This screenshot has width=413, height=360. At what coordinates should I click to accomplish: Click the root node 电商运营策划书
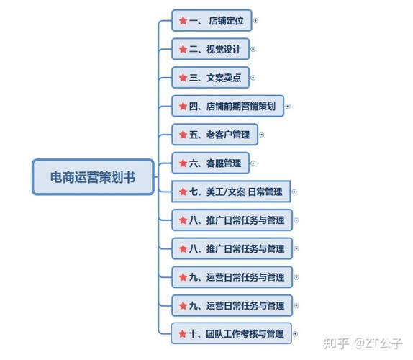[93, 176]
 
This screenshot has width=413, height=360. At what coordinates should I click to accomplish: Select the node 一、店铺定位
[212, 21]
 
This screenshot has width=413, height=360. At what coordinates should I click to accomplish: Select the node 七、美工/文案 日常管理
[231, 192]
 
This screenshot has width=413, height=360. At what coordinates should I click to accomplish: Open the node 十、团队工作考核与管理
[232, 333]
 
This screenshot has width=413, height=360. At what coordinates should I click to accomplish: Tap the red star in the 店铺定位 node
[183, 21]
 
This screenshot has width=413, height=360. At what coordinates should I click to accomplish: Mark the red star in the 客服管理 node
[183, 163]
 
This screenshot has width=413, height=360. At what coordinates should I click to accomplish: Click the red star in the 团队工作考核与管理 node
[183, 333]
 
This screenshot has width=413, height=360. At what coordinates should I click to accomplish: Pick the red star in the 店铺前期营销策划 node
[183, 107]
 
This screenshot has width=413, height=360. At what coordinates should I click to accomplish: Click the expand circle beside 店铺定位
[255, 21]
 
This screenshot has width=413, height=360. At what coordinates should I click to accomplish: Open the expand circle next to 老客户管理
[262, 135]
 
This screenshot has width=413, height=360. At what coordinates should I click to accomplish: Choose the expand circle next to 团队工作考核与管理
[296, 333]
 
